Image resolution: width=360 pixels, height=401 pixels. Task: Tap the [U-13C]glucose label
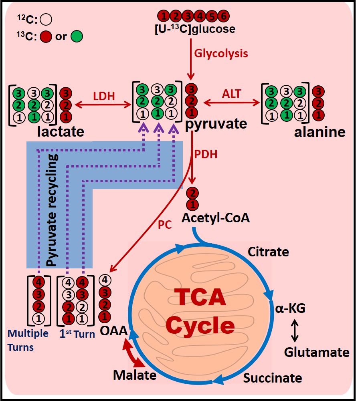pyautogui.click(x=194, y=29)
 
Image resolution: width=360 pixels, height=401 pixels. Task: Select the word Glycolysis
pyautogui.click(x=221, y=53)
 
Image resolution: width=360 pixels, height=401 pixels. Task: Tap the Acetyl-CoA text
pyautogui.click(x=216, y=218)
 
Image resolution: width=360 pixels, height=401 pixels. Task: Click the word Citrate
pyautogui.click(x=268, y=252)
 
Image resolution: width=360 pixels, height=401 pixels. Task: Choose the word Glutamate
pyautogui.click(x=317, y=352)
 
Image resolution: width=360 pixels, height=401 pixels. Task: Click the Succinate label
pyautogui.click(x=273, y=377)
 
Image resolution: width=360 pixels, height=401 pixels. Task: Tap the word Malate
pyautogui.click(x=134, y=375)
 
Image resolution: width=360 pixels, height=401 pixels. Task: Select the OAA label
pyautogui.click(x=114, y=331)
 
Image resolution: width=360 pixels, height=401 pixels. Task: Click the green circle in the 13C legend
pyautogui.click(x=76, y=36)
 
